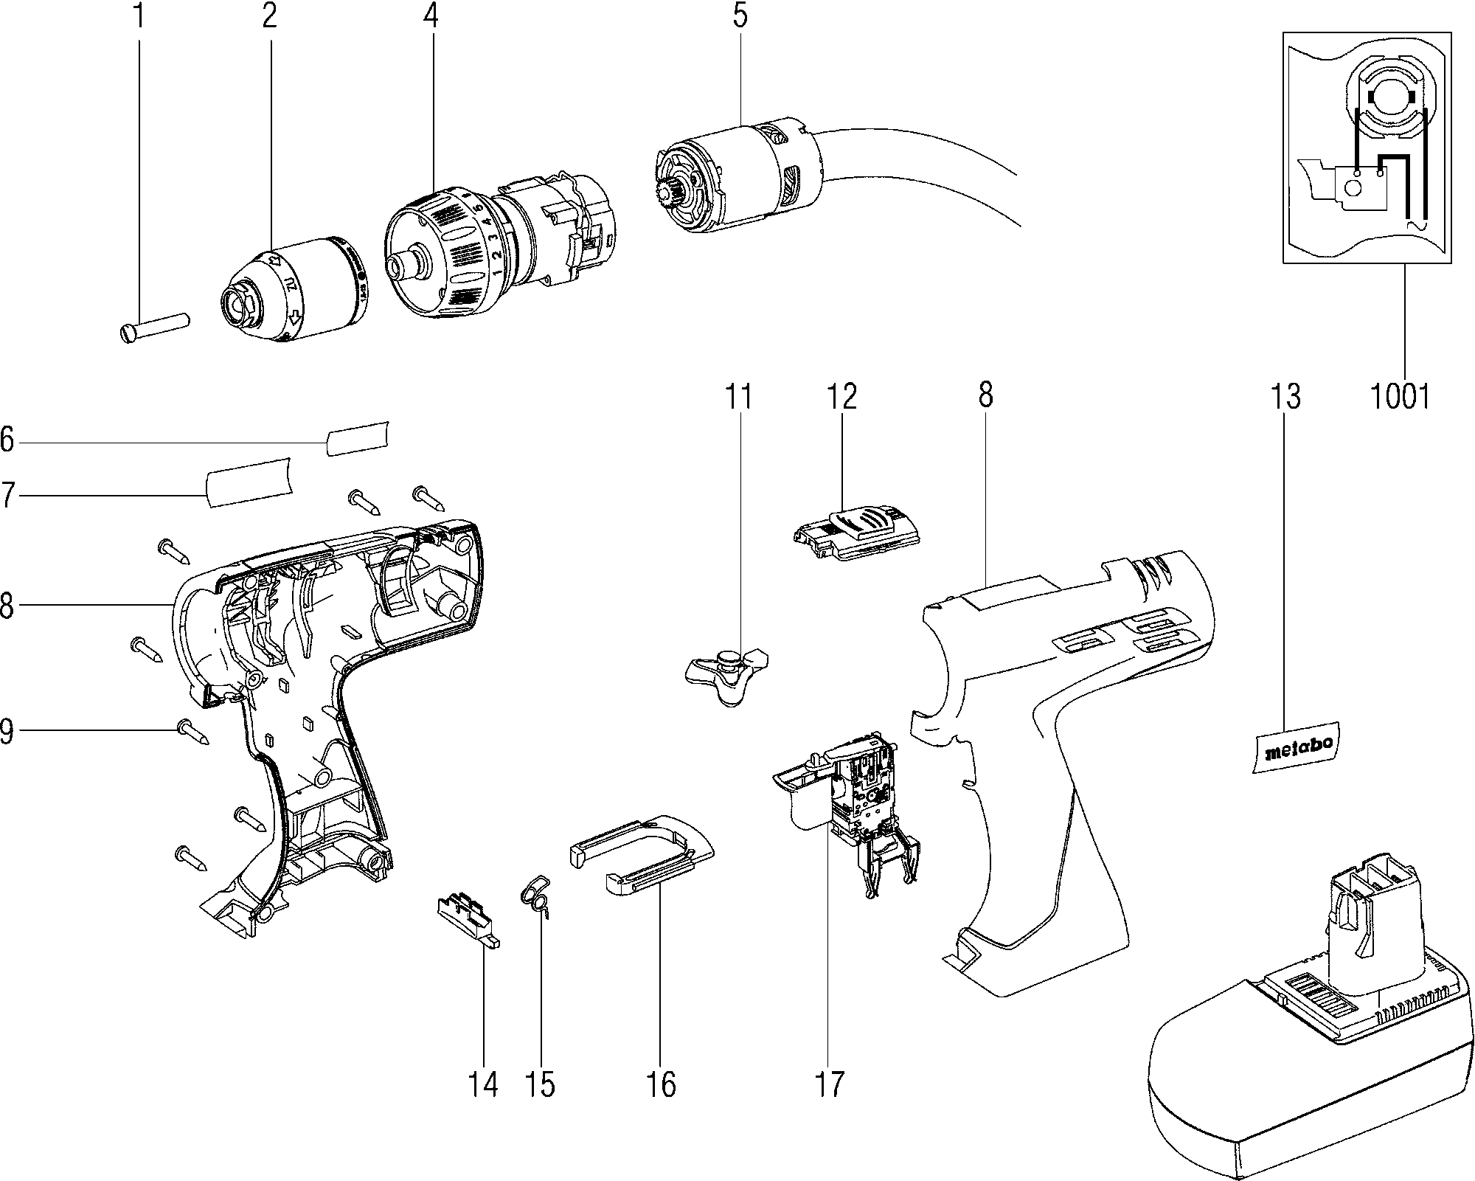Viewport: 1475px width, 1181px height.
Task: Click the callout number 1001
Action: [x=1400, y=398]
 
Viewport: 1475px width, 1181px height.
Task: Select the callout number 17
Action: [x=828, y=1084]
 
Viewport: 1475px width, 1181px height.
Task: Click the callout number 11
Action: [x=738, y=398]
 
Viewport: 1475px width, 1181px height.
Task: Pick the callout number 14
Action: [x=483, y=1084]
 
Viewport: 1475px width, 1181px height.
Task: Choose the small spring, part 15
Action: [x=538, y=896]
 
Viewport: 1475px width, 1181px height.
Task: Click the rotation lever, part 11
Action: [x=726, y=671]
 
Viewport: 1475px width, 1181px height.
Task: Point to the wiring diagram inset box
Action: [x=1367, y=147]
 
